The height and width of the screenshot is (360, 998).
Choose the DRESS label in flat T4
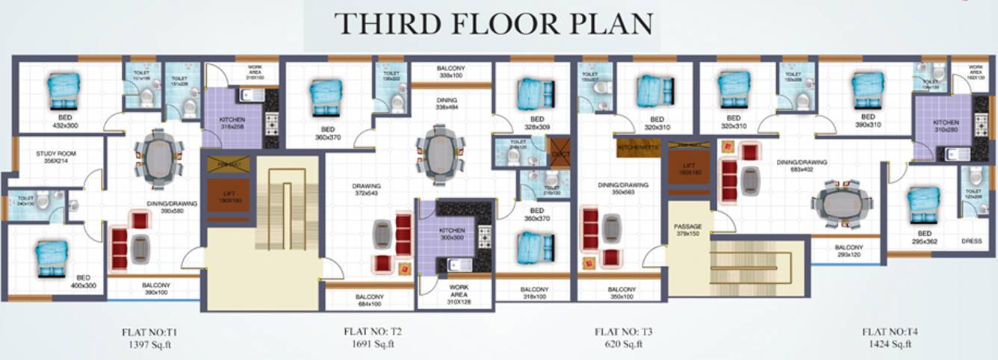click(x=971, y=241)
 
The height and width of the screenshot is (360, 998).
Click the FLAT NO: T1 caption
click(x=149, y=331)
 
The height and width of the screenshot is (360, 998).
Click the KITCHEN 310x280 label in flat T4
click(x=946, y=126)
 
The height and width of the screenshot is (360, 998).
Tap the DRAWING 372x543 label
click(x=366, y=190)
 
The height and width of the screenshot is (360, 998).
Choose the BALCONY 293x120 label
click(x=849, y=251)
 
